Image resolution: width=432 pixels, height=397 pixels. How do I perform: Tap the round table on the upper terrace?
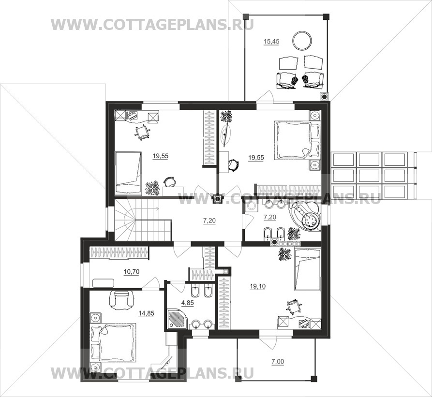click(x=302, y=41)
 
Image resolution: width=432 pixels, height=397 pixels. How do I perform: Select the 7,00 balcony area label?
click(x=278, y=362)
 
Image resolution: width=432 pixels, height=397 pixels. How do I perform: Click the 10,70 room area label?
click(x=132, y=272)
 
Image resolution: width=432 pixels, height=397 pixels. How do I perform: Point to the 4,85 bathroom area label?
click(x=187, y=303)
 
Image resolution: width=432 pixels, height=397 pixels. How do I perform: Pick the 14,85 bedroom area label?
click(x=146, y=313)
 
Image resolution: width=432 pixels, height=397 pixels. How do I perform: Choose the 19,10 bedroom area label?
click(x=257, y=286)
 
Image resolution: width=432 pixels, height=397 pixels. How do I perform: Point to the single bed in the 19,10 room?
click(x=308, y=269)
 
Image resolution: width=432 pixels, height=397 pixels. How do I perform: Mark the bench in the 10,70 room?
click(x=104, y=283)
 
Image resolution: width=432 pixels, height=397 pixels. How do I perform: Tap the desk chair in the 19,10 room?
click(x=293, y=306)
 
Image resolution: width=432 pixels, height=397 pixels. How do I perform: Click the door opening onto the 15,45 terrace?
click(x=265, y=97)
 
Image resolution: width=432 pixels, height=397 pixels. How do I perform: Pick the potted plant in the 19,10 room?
click(x=284, y=254)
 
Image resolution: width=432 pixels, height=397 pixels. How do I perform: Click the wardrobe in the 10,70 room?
click(x=119, y=253)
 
